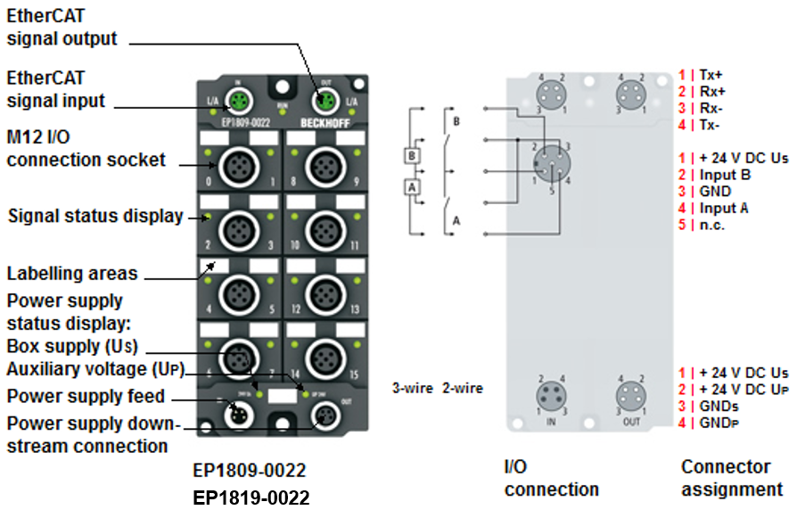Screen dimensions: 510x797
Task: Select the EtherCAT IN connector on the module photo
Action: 238,99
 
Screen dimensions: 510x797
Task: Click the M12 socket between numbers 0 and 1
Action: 238,165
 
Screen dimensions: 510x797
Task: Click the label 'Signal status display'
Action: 95,216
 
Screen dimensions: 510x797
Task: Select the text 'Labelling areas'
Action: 72,273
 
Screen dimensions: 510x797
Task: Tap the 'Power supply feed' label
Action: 86,396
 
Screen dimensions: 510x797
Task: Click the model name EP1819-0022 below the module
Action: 251,497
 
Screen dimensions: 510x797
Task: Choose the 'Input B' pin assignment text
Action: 725,174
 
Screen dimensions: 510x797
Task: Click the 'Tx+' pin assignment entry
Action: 712,74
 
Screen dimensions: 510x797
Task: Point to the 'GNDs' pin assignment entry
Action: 719,407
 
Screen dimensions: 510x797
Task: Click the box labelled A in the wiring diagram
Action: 412,188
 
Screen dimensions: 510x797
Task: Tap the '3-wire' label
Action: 413,388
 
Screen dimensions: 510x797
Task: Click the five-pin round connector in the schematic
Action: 551,164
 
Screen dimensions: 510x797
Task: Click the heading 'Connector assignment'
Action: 732,477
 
